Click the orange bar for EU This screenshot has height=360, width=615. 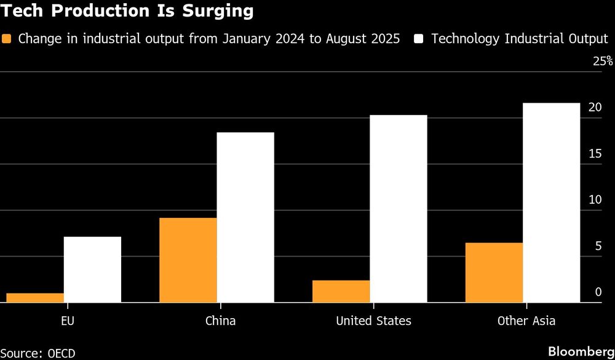tap(34, 298)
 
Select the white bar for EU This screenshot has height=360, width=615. tap(92, 270)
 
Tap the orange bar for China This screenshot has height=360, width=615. tap(188, 260)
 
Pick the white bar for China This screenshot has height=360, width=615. tap(245, 217)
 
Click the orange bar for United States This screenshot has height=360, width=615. tap(341, 292)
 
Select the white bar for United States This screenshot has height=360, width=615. tap(398, 209)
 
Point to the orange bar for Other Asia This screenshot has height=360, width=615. tap(494, 273)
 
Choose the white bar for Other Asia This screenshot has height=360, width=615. tap(551, 202)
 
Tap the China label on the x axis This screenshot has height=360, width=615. tap(220, 321)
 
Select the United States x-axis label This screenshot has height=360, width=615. tap(373, 321)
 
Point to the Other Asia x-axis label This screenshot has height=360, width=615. tap(526, 321)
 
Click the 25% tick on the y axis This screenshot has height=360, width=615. tap(603, 62)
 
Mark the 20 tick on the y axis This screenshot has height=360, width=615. tap(594, 107)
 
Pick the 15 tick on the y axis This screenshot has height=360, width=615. tap(594, 153)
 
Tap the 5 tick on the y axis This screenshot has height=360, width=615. tap(598, 246)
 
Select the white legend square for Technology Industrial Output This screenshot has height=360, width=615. tap(419, 39)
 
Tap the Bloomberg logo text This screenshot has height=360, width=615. tap(581, 351)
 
